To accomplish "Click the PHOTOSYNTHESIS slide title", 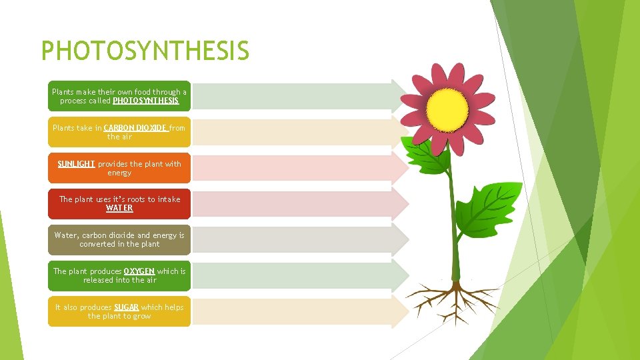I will click(x=145, y=51).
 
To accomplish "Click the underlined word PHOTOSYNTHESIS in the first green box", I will click(x=146, y=101).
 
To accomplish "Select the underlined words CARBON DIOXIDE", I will click(x=135, y=128).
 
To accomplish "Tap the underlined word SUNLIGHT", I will click(x=76, y=164).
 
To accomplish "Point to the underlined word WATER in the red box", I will click(x=119, y=209).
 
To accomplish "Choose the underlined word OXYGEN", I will click(x=139, y=271).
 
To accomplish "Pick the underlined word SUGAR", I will click(x=127, y=307).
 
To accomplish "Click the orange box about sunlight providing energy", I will click(x=119, y=168).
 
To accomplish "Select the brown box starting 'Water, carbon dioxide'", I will click(x=119, y=240).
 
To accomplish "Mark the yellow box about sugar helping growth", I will click(x=119, y=312).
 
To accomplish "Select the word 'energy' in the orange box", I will click(x=119, y=173).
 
